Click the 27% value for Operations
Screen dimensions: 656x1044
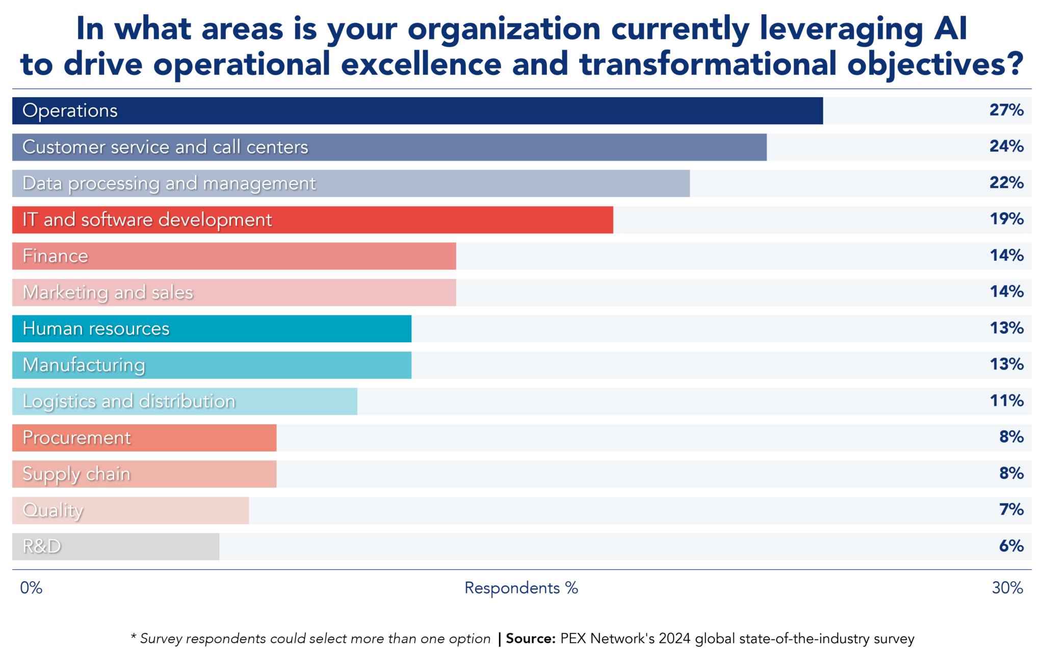tap(1006, 110)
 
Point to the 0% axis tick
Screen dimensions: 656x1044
tap(31, 588)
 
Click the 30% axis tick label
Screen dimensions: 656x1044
tap(1007, 588)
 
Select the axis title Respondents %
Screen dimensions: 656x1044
tap(521, 588)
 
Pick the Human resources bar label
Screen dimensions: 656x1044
tap(96, 329)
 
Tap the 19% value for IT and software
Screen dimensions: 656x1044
tap(1006, 219)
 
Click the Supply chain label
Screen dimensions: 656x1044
tap(76, 474)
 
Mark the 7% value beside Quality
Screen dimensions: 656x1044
tap(1011, 509)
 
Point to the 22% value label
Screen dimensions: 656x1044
tap(1006, 183)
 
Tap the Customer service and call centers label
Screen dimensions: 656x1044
tap(165, 147)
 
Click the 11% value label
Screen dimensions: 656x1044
tap(1006, 401)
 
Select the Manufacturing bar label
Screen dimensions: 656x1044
tap(84, 365)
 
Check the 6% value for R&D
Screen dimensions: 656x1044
tap(1011, 546)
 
